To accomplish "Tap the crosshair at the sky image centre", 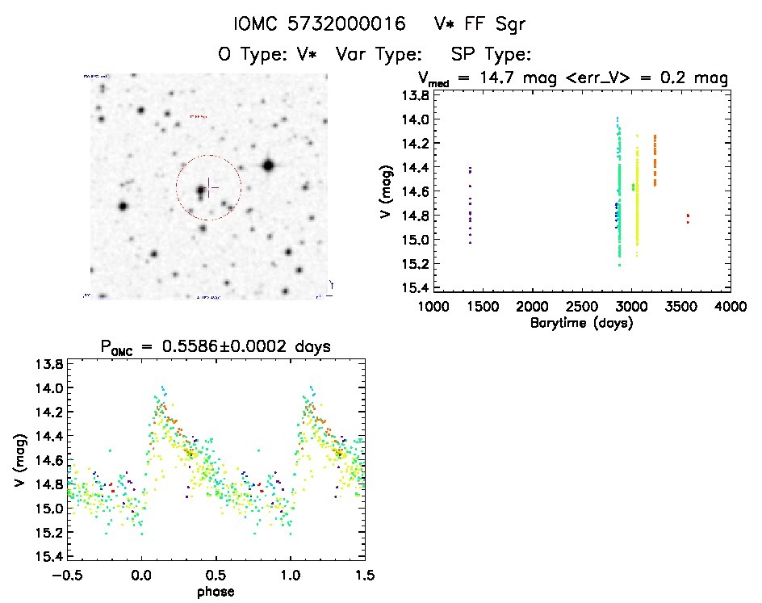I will point(209,187).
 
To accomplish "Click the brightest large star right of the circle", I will point(268,165).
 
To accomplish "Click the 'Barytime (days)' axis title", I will point(580,323).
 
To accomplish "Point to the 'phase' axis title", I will point(216,591).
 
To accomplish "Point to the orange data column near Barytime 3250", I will point(655,160).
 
